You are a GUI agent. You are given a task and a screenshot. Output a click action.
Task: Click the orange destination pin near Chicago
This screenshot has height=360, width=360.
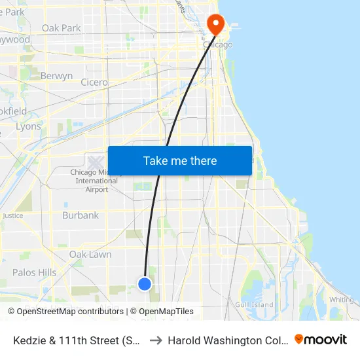click(215, 24)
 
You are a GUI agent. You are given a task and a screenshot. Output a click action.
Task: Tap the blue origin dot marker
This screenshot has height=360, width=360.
click(145, 283)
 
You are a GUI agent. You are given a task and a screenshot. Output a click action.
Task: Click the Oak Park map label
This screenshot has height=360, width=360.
click(61, 28)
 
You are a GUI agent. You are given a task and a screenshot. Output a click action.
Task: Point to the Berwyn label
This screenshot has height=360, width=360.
click(56, 76)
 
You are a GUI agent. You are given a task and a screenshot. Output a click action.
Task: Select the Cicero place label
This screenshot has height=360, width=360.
click(94, 82)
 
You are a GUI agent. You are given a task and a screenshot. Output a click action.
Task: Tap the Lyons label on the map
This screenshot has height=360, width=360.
click(28, 126)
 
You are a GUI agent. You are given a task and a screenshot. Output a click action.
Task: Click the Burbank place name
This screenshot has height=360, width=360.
click(81, 215)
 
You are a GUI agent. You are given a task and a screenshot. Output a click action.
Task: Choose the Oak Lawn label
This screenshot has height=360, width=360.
click(90, 255)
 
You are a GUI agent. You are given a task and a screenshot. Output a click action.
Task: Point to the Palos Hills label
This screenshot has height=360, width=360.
click(34, 272)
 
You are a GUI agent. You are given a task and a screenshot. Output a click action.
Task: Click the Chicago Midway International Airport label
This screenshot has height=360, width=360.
click(96, 181)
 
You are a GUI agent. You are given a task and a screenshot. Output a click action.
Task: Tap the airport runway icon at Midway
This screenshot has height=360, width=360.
click(96, 161)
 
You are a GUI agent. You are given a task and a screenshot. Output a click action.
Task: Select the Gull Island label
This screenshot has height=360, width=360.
click(254, 305)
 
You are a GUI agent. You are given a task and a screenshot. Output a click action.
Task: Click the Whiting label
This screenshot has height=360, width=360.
click(341, 300)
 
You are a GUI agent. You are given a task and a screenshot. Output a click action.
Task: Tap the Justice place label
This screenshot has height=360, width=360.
click(12, 215)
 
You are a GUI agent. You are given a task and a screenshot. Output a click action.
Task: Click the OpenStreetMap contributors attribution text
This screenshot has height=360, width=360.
click(65, 312)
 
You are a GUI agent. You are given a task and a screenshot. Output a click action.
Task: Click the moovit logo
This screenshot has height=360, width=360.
click(321, 339)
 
